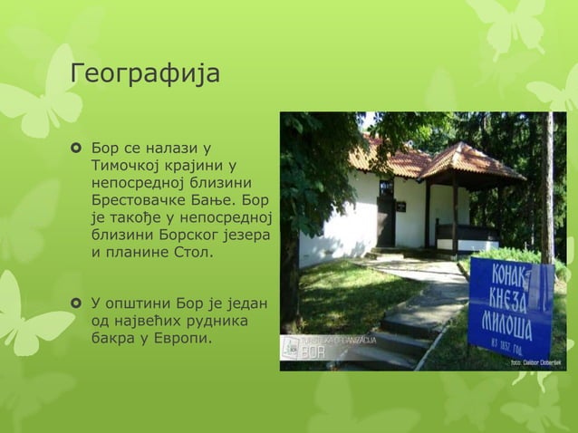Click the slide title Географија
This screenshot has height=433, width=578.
(146, 72)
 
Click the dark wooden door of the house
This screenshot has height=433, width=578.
(386, 224)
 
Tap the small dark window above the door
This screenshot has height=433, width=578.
(386, 188)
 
